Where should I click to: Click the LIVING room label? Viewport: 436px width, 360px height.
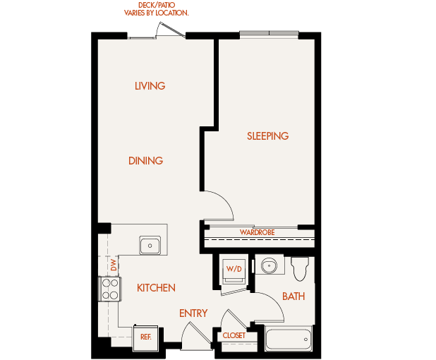(x=150, y=86)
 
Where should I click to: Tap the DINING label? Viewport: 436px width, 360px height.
(x=145, y=161)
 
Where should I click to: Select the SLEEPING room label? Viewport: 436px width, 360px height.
(x=267, y=136)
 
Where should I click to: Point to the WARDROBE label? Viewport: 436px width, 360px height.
(x=257, y=232)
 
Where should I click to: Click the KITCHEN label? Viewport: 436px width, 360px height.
(x=156, y=288)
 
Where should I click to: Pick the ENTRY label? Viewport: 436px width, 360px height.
(x=193, y=313)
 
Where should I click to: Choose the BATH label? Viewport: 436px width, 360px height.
(x=293, y=296)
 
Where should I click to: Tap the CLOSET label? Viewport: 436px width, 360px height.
(x=234, y=336)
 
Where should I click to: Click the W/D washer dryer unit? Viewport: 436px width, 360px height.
(x=233, y=270)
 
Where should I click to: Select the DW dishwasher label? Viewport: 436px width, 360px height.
(x=113, y=265)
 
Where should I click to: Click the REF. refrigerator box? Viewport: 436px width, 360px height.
(x=146, y=337)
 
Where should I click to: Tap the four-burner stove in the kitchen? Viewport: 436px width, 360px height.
(x=110, y=289)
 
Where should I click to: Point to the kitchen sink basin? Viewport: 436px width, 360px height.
(x=150, y=246)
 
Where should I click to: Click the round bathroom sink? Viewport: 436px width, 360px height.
(x=268, y=266)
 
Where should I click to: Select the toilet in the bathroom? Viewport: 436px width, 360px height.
(x=301, y=268)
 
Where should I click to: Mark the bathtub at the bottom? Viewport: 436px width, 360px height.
(x=288, y=340)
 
